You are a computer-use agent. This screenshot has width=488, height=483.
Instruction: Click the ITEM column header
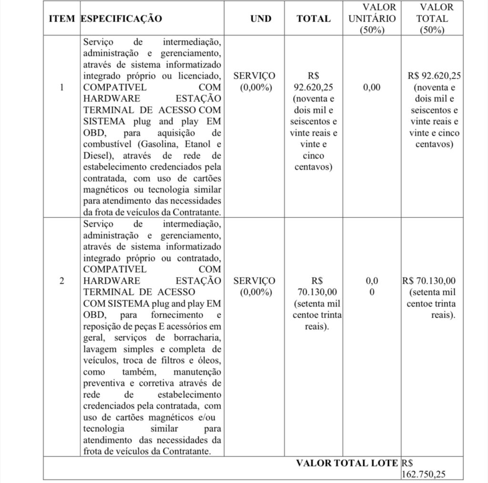point(61,19)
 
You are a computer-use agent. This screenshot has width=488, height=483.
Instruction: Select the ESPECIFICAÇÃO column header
point(122,19)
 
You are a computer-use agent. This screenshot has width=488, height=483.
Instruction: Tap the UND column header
point(260,19)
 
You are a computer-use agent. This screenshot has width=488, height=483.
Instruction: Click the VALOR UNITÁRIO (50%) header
point(372,19)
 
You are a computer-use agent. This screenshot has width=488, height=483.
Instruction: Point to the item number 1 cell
point(61,87)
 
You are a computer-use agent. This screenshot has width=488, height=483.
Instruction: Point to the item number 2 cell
point(61,280)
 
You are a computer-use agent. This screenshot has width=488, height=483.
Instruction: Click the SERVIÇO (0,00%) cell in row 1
point(254,82)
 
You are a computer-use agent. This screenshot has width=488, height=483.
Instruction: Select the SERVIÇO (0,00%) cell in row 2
point(254,286)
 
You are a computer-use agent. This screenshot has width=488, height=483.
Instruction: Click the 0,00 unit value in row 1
point(372,87)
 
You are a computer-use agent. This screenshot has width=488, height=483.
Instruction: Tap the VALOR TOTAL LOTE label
point(346,462)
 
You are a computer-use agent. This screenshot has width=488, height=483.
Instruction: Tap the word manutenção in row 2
point(198,372)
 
